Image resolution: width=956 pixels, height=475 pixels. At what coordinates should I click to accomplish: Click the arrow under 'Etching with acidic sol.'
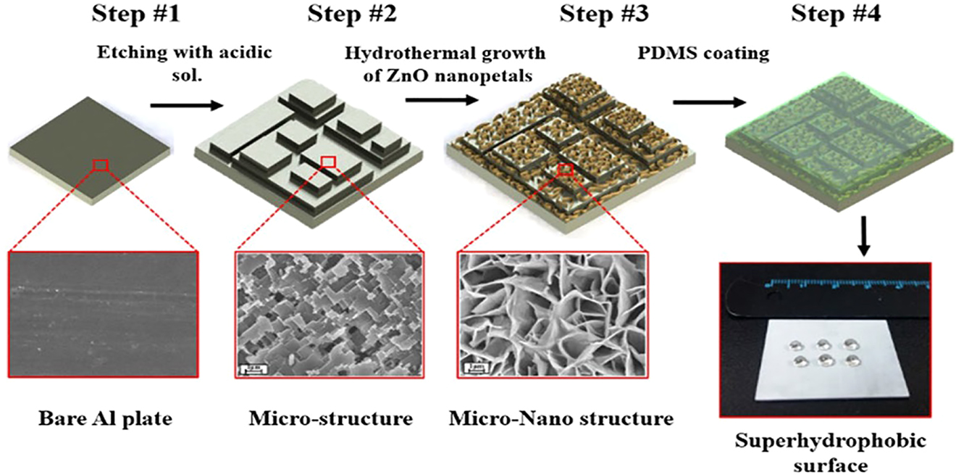click(185, 106)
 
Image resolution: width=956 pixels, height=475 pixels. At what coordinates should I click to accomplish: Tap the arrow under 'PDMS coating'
click(708, 102)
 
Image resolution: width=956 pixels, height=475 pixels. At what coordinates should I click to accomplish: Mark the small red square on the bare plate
click(101, 166)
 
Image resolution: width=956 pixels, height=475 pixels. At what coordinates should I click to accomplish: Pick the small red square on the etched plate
click(328, 161)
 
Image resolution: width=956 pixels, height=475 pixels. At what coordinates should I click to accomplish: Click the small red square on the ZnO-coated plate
click(566, 170)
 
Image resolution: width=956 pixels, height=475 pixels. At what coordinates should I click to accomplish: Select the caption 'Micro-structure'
click(330, 418)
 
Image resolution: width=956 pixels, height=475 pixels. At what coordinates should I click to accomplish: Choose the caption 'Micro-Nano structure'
click(561, 418)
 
